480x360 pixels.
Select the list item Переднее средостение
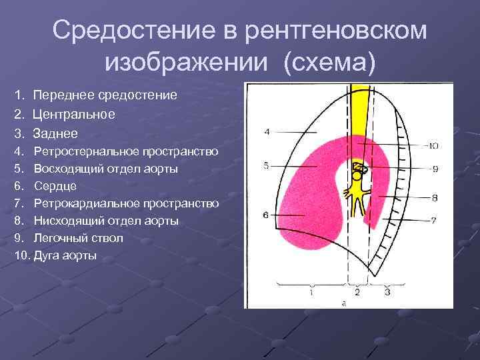pos(105,95)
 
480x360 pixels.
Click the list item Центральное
pos(73,114)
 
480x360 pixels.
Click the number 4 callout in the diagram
pos(267,132)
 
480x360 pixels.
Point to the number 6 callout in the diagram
pos(265,215)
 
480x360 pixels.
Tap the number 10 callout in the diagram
pos(432,145)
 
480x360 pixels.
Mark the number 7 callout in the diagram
pos(433,221)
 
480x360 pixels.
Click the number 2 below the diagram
pos(357,292)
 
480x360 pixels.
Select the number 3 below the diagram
pos(387,292)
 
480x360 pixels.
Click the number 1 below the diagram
pos(311,292)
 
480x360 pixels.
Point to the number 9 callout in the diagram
pos(435,169)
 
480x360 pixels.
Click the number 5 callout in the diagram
pos(266,165)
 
